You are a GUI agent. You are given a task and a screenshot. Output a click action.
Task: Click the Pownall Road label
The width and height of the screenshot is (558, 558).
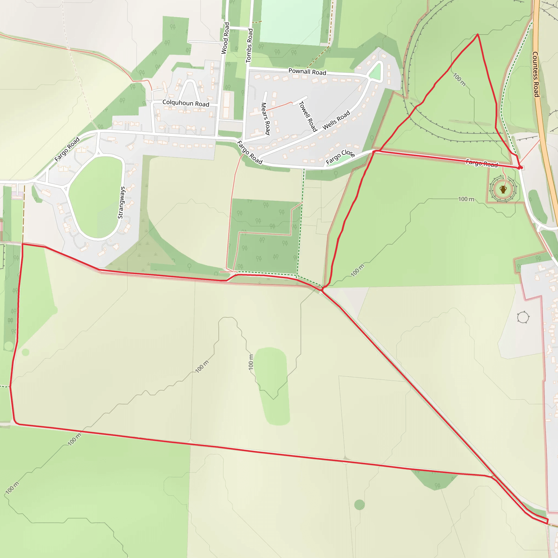click(x=307, y=72)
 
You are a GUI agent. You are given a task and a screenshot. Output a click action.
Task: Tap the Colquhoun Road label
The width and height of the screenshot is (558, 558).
click(x=186, y=103)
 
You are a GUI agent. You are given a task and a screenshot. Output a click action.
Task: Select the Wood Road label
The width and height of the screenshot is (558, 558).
click(x=225, y=38)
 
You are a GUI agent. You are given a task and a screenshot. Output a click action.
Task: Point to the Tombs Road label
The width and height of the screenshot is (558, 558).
click(x=250, y=45)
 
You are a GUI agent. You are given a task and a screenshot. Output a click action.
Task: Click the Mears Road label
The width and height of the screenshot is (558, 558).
click(x=265, y=119)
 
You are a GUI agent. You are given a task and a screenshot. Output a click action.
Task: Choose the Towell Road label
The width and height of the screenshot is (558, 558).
click(x=308, y=116)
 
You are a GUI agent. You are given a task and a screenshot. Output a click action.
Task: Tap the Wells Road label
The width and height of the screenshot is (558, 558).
click(x=336, y=120)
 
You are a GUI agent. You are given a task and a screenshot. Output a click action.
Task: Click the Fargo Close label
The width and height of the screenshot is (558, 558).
click(x=340, y=157)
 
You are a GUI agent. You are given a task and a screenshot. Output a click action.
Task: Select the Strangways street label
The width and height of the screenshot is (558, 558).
click(x=122, y=202)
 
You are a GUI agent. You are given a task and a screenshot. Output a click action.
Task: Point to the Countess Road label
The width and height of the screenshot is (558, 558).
click(x=536, y=74)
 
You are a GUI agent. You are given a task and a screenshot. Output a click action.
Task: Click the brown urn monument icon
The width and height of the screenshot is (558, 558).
click(x=503, y=189)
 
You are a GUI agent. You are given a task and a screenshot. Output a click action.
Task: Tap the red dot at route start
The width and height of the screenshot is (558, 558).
click(x=521, y=168)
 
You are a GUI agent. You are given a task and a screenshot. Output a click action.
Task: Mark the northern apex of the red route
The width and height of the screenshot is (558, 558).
click(x=477, y=34)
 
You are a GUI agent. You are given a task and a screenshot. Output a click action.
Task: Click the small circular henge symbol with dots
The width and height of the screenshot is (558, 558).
click(x=523, y=317)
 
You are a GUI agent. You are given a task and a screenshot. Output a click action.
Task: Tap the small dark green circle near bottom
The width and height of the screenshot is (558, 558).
click(x=359, y=505)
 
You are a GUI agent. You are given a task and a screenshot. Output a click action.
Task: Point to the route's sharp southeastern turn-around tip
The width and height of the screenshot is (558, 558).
click(x=547, y=523)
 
